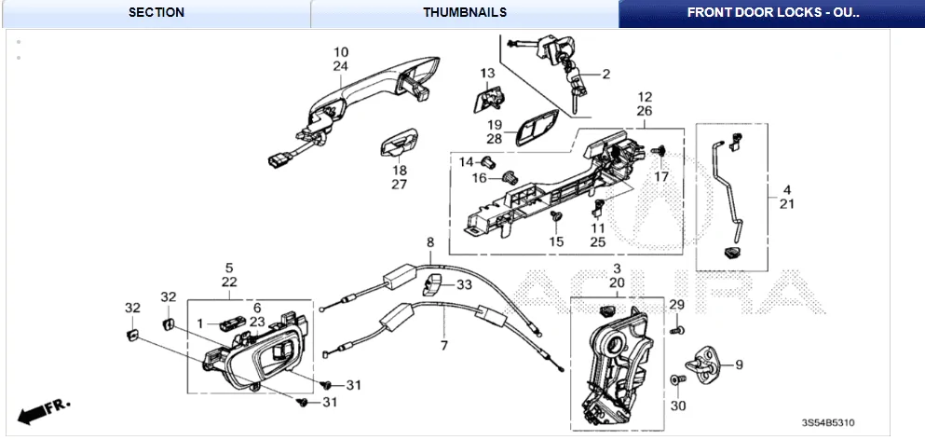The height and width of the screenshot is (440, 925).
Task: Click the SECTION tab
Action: click(156, 13)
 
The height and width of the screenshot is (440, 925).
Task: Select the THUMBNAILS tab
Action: click(464, 13)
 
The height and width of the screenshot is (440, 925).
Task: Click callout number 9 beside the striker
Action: click(740, 364)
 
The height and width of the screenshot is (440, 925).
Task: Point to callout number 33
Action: click(464, 284)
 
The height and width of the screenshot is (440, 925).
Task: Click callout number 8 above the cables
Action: click(430, 242)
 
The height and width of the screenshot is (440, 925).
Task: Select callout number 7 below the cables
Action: click(443, 345)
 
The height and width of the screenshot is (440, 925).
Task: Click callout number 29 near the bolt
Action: click(677, 306)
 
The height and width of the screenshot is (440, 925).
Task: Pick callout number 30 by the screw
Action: click(677, 406)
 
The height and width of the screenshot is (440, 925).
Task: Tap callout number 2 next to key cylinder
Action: click(605, 74)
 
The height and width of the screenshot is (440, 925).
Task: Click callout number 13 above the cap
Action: click(488, 73)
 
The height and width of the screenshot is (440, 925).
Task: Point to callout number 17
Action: click(661, 176)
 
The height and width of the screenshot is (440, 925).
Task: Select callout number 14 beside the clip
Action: click(466, 161)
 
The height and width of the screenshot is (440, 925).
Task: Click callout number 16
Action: click(479, 178)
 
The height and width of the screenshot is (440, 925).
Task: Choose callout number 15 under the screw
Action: click(556, 241)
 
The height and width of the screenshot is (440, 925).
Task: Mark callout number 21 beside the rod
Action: click(786, 204)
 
